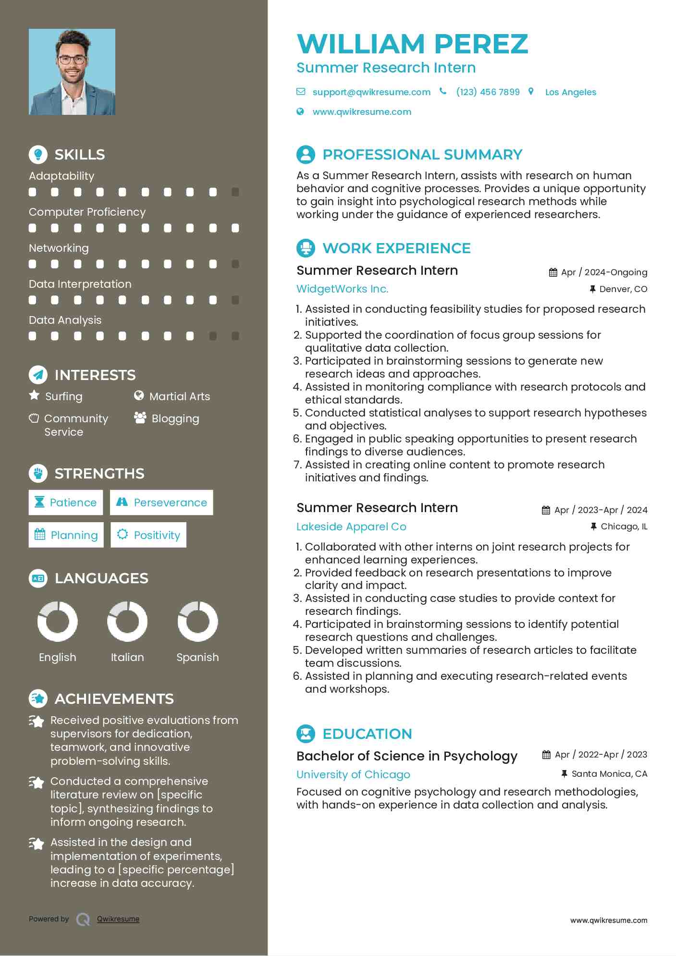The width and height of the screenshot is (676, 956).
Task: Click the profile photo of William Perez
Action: [72, 72]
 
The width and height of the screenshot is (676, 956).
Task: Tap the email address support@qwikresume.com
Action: [371, 92]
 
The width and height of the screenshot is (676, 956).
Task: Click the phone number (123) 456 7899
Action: [488, 92]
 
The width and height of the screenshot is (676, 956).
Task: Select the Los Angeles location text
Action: [570, 92]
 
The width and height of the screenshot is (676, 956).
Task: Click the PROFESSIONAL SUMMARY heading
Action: [422, 155]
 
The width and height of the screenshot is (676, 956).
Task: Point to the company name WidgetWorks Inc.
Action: [342, 289]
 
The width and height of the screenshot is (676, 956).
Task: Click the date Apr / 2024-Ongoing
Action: [604, 272]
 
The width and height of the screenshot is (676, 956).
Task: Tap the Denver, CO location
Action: [623, 289]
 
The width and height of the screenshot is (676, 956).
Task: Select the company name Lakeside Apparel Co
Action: [351, 527]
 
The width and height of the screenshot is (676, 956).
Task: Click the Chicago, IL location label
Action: [624, 527]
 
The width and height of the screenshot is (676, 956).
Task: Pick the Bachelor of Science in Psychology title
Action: [406, 756]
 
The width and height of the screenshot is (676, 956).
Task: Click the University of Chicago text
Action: [353, 774]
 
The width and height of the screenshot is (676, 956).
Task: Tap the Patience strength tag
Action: [66, 503]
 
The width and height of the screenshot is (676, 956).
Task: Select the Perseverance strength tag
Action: [161, 503]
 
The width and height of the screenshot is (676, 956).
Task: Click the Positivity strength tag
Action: [148, 535]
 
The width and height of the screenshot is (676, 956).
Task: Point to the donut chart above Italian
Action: [127, 622]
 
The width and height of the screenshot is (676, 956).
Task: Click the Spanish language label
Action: [197, 657]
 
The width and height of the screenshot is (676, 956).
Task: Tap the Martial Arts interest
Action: [179, 396]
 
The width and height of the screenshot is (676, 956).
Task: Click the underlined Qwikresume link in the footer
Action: [118, 919]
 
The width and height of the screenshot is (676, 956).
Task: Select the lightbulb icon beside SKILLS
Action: [38, 155]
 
